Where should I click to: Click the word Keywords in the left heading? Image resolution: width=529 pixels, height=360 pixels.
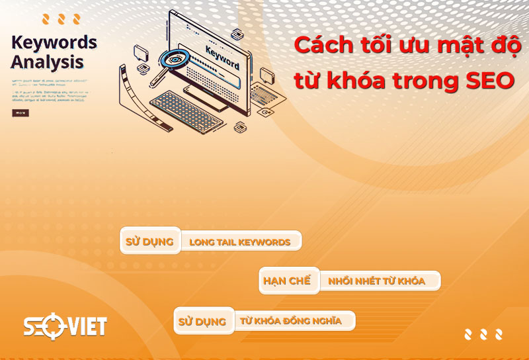coord(54,42)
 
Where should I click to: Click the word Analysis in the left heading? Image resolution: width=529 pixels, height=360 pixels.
coord(48,63)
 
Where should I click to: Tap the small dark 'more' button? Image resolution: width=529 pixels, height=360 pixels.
coord(20,112)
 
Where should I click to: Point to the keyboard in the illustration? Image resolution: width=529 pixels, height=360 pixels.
coord(183,109)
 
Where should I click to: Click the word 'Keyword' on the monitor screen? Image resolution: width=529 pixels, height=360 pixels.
coord(222,57)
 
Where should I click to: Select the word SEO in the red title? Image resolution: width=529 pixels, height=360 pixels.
coord(487,81)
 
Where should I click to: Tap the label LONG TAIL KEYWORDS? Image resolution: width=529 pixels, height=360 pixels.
coord(240,242)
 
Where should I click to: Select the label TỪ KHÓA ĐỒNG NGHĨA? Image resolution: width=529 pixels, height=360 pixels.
coord(291,322)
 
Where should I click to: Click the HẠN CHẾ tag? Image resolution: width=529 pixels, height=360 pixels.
coord(287,281)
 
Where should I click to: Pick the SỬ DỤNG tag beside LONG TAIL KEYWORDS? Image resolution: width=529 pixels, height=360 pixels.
coord(149,242)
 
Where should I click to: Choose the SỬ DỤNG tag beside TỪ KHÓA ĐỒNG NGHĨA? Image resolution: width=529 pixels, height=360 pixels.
coord(202,322)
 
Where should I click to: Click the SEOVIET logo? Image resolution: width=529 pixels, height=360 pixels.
coord(65,326)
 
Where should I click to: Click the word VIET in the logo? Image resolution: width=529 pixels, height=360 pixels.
coord(85,326)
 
